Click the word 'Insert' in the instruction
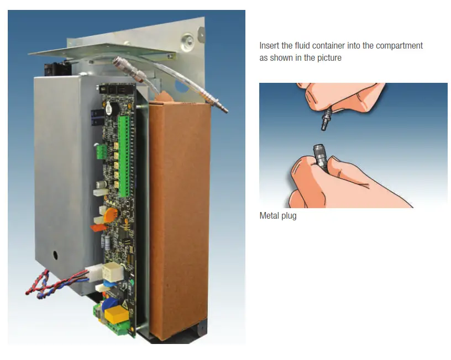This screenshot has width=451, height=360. click(x=269, y=46)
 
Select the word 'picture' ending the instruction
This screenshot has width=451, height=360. click(x=330, y=57)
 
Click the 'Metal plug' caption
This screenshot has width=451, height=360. click(x=278, y=216)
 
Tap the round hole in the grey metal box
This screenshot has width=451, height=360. click(x=55, y=256)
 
